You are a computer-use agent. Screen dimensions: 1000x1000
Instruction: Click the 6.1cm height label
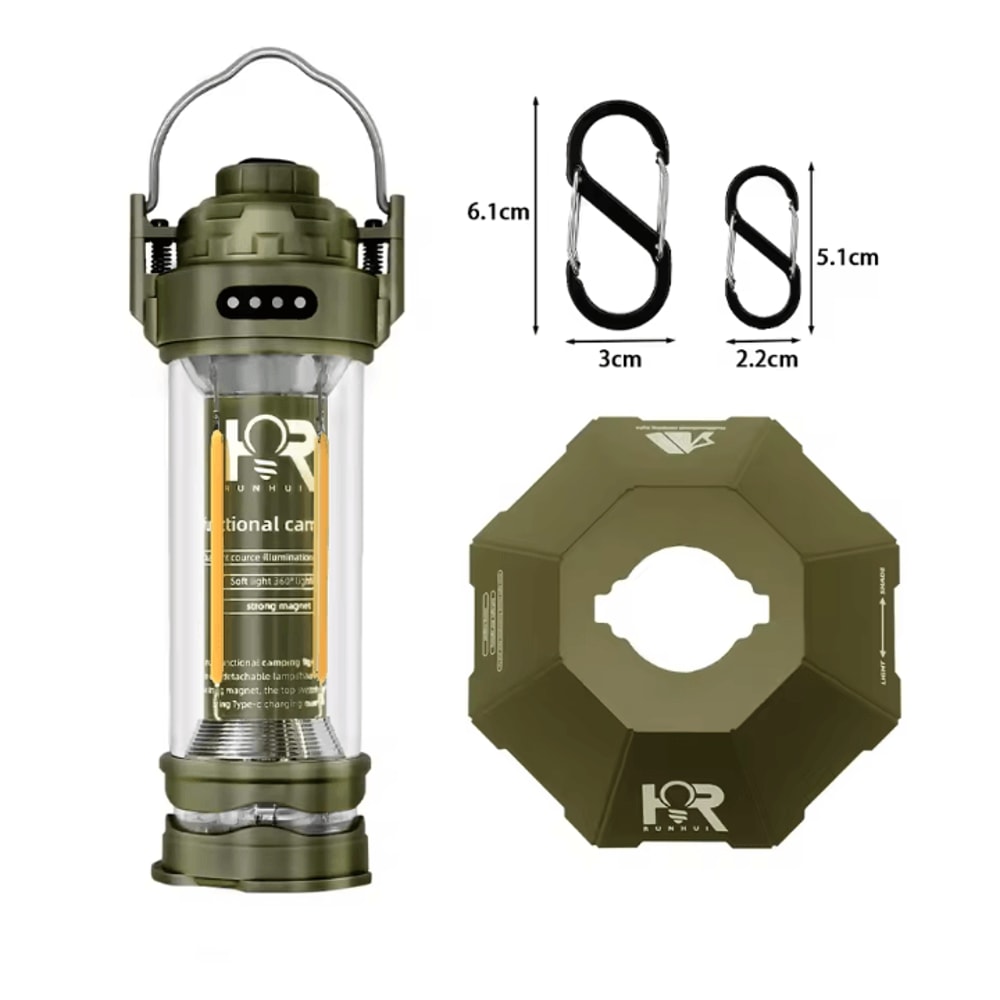[496, 212]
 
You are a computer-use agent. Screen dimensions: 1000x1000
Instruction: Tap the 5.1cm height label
[847, 256]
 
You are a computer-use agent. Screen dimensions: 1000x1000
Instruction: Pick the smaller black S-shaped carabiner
[762, 244]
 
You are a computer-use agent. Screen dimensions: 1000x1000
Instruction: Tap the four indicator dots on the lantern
[265, 300]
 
